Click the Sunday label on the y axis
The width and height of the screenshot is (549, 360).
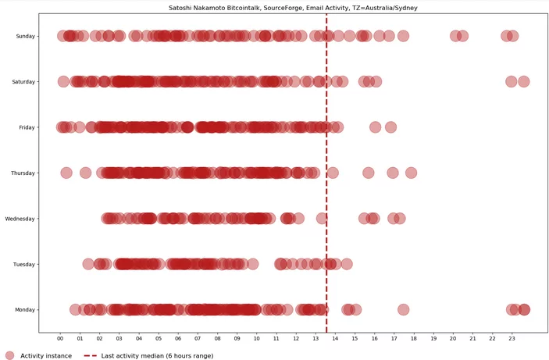pos(23,36)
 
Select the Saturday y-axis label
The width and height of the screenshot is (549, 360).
pos(22,81)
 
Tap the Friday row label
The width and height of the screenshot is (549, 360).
pos(25,127)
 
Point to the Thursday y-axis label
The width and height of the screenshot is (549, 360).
pos(22,173)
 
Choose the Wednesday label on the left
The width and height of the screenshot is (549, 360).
pos(20,219)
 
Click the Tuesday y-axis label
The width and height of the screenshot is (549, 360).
pos(23,264)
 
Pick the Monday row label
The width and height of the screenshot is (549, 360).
pos(23,310)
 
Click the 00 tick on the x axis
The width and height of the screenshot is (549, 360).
pos(60,338)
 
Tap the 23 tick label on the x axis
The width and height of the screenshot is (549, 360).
pos(512,338)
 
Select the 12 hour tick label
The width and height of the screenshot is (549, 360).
pos(296,338)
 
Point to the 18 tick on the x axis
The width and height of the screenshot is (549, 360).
pos(414,338)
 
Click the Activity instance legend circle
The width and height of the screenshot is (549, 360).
pos(9,355)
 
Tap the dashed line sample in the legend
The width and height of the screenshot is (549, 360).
pos(89,355)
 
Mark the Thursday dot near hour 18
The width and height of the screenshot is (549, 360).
pos(411,173)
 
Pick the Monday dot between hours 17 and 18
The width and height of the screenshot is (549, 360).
pos(403,310)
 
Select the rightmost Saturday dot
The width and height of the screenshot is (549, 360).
pos(523,81)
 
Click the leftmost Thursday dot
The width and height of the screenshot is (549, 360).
pos(66,173)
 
